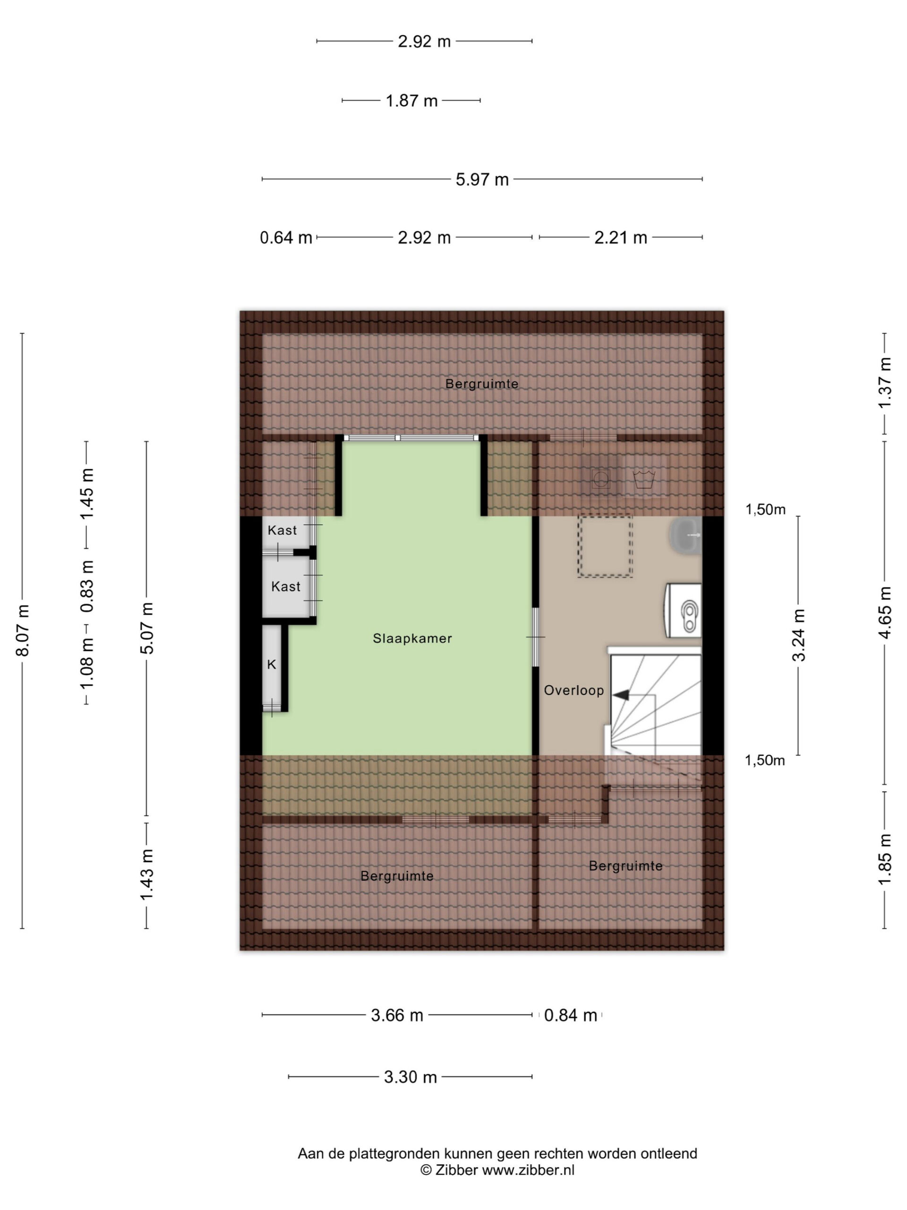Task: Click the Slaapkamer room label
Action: pos(412,639)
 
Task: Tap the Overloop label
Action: pos(573,691)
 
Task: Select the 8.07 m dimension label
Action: pos(22,631)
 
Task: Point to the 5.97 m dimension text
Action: pos(482,180)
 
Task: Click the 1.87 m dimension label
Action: pos(411,101)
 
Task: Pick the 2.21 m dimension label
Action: pos(621,237)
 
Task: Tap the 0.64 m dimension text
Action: pos(286,237)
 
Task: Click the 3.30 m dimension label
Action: pos(411,1077)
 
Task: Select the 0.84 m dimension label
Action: pos(571,1015)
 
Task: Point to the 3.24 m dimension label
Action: pos(799,635)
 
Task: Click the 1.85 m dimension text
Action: pos(885,859)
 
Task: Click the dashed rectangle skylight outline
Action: pos(605,546)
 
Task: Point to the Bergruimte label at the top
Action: pos(482,384)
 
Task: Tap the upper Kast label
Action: pos(282,530)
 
